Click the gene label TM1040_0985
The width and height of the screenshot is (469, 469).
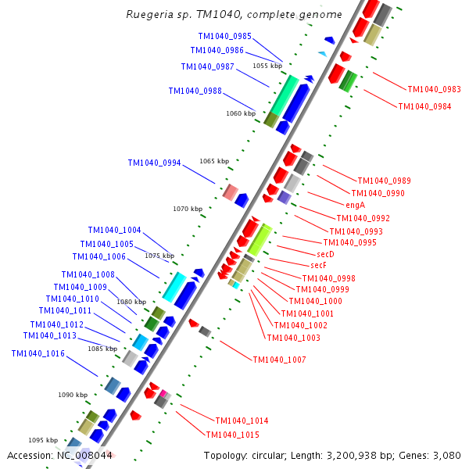pos(225,36)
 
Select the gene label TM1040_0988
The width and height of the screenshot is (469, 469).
pos(195,91)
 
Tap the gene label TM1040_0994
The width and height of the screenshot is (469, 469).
pos(155,163)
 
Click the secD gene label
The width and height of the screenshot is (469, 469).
pos(325,254)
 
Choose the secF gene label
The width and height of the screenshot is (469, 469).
pos(318,266)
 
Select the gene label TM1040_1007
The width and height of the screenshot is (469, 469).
pos(279,360)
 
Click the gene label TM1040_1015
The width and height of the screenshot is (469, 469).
pos(232,435)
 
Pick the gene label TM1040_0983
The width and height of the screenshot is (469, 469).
pos(434,89)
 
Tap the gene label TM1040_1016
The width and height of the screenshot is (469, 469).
pos(38,353)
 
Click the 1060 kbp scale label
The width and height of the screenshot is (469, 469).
pos(241,113)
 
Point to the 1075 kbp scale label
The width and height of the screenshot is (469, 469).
pos(159,256)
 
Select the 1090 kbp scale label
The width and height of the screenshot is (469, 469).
pos(73,395)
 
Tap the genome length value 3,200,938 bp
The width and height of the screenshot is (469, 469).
pos(352,455)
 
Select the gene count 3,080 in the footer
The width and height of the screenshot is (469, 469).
pos(446,455)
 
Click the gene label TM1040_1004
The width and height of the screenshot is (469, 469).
pos(115,230)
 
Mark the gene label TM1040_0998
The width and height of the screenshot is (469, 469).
pos(329,278)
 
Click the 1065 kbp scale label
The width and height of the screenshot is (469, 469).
pos(214,161)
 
